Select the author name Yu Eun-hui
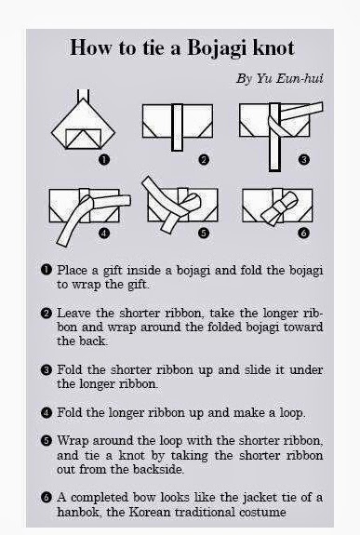(289, 78)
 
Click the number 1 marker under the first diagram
(104, 159)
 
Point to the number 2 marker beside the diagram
(204, 159)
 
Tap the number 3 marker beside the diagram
(303, 159)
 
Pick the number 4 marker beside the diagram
(104, 233)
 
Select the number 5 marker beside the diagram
(204, 233)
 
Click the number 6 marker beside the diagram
(303, 233)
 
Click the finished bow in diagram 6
(279, 208)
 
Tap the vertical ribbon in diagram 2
(177, 127)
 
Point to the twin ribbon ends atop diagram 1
(84, 96)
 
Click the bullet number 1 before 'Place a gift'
(47, 270)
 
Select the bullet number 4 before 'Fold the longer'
(47, 413)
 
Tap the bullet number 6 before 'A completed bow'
(47, 498)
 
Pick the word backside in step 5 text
(159, 469)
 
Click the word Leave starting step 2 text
(73, 313)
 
